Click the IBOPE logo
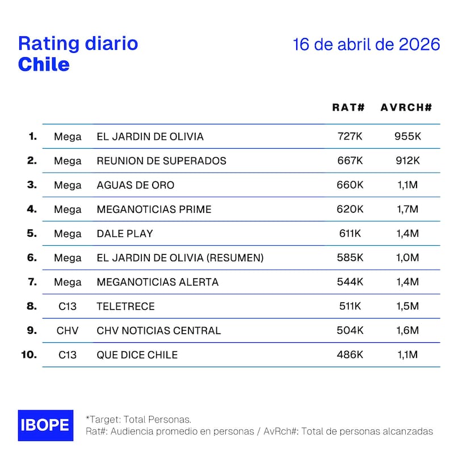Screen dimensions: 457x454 (x=45, y=425)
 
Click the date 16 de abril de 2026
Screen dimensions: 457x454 (x=366, y=44)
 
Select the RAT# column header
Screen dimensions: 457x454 (x=348, y=107)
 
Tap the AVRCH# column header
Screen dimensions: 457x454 (x=406, y=107)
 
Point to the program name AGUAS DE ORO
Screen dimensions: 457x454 (x=136, y=185)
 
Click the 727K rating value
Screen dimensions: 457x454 (x=350, y=137)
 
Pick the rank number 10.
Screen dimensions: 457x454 (x=28, y=355)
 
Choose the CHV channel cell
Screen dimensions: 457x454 (x=68, y=330)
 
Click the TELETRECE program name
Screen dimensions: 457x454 (x=125, y=307)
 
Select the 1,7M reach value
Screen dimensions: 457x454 (x=407, y=209)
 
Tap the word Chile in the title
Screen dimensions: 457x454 (x=44, y=64)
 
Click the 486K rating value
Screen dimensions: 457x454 (x=350, y=355)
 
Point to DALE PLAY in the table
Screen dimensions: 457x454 (x=125, y=234)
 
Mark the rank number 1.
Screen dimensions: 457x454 (x=32, y=136)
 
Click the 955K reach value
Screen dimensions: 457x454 (x=408, y=137)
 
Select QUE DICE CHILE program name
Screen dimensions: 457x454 (x=137, y=355)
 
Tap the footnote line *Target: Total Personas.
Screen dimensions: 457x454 (x=138, y=419)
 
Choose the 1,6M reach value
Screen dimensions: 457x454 (x=407, y=330)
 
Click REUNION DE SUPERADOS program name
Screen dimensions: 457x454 (x=162, y=161)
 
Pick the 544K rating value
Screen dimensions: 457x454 (x=350, y=282)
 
